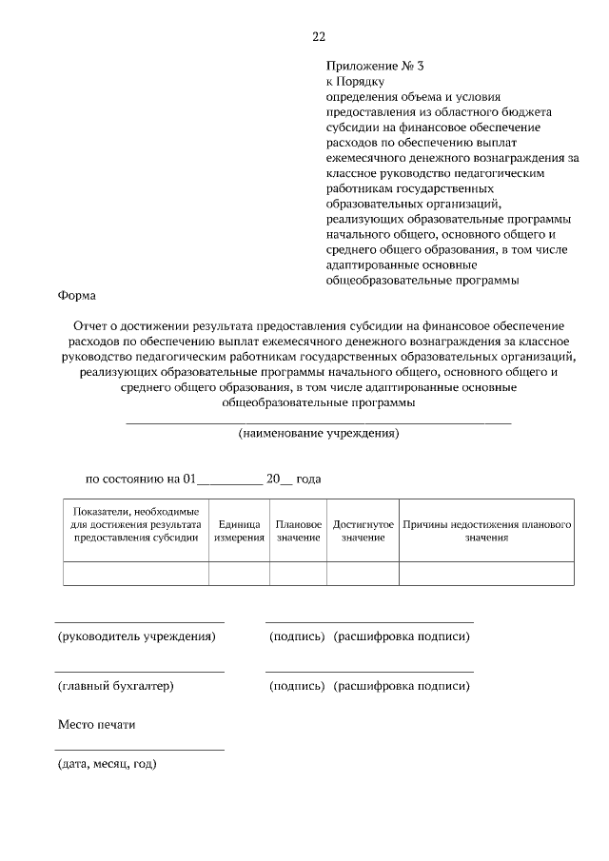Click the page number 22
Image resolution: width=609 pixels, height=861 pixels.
(318, 36)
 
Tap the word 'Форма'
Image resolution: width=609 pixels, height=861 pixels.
(77, 296)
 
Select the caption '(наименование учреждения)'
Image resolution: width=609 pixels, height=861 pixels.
(318, 433)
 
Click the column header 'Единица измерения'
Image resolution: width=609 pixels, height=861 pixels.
(239, 531)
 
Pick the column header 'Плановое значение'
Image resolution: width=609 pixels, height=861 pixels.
(299, 531)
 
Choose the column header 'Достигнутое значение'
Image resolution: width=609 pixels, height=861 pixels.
(363, 531)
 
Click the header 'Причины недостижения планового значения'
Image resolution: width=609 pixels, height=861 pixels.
(486, 531)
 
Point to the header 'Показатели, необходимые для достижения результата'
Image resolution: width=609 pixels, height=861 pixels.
(135, 524)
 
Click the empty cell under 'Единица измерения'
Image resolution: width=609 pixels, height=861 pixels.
(239, 573)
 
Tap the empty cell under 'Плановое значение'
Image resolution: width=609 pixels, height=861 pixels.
(299, 573)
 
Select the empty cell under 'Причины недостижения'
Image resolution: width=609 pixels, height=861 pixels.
(486, 573)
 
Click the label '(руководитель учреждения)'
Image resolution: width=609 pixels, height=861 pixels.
(136, 636)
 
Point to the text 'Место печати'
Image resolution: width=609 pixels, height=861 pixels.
(97, 724)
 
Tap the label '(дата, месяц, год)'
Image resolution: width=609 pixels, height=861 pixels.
(107, 763)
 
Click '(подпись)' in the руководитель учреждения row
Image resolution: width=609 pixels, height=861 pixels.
(297, 636)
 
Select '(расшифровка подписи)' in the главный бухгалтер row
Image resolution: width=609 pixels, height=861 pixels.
(402, 685)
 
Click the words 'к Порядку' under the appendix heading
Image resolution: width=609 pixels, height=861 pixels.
(353, 82)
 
